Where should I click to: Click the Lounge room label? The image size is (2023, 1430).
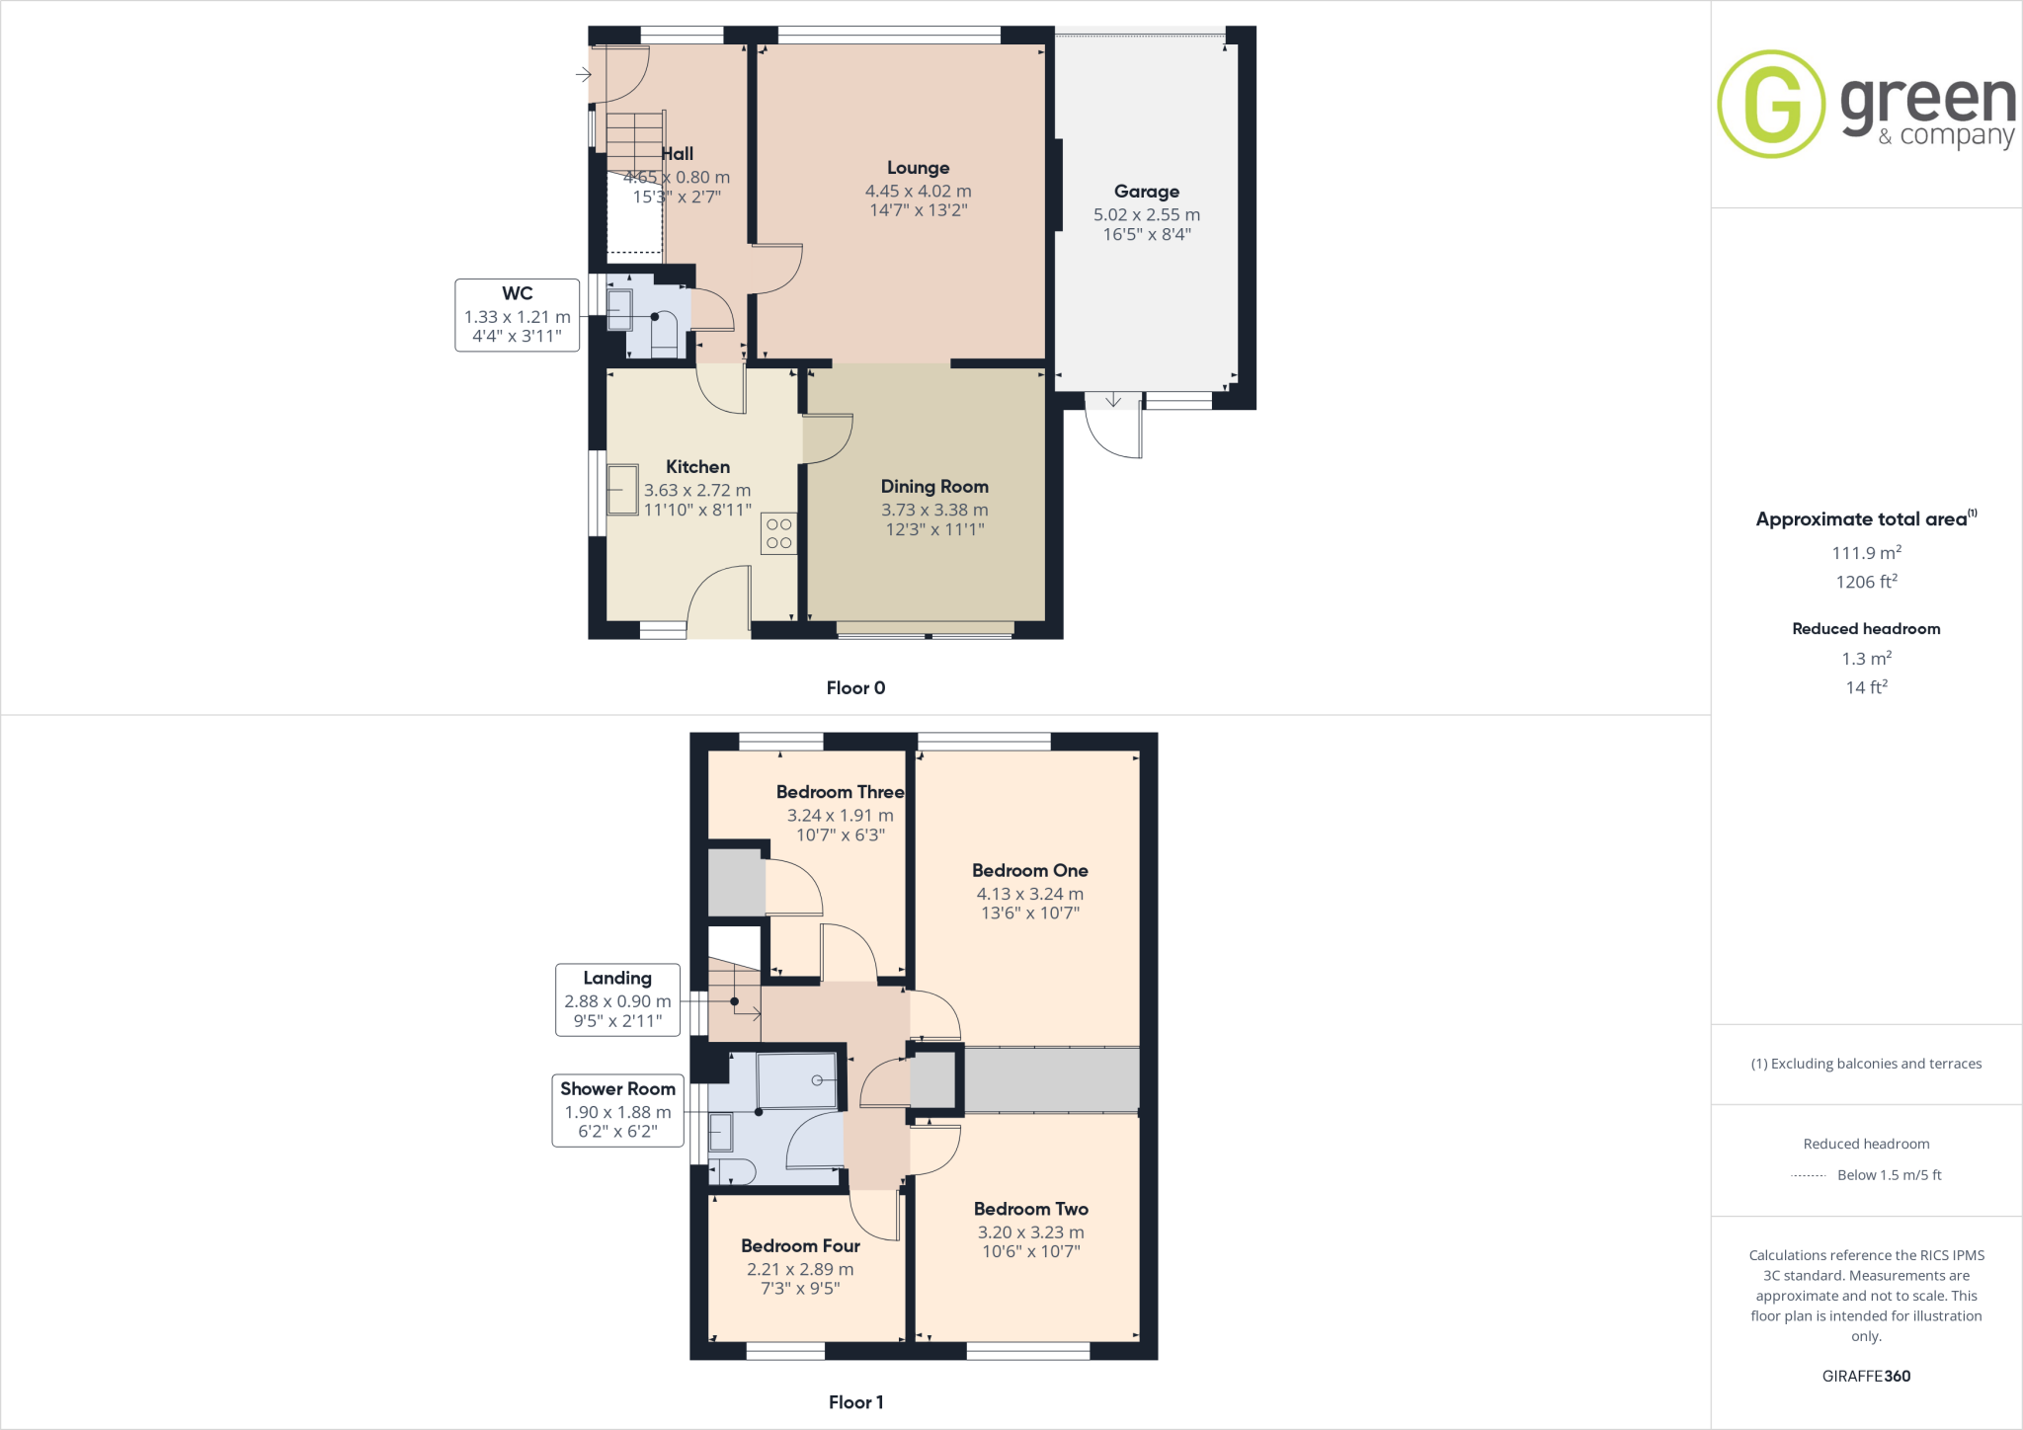click(x=918, y=168)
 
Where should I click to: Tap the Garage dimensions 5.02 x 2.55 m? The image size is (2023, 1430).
click(x=1146, y=214)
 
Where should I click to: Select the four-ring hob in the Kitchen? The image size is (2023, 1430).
click(x=778, y=533)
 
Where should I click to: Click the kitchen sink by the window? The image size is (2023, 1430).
click(x=622, y=490)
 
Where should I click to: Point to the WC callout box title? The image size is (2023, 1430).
click(x=517, y=293)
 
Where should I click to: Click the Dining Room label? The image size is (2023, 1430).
click(x=934, y=486)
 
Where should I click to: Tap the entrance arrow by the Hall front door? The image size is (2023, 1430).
click(x=583, y=74)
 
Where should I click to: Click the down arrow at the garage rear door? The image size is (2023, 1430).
click(x=1113, y=400)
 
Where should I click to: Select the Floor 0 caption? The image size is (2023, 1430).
click(x=855, y=687)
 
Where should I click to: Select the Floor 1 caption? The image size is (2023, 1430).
click(x=855, y=1401)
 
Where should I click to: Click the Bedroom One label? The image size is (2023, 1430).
click(x=1029, y=870)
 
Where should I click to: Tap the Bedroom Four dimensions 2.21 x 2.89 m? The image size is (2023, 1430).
click(x=800, y=1269)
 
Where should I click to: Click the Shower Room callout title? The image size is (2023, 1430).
click(x=617, y=1088)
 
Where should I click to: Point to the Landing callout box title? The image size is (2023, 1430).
click(x=617, y=978)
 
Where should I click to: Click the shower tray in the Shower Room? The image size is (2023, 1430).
click(x=796, y=1080)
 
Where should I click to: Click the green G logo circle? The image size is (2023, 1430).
click(x=1771, y=104)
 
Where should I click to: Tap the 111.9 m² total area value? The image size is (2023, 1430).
click(x=1866, y=552)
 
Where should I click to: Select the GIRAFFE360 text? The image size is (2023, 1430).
click(x=1866, y=1376)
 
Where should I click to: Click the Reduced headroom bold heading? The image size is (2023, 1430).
click(x=1866, y=628)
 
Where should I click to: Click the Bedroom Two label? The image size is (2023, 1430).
click(x=1030, y=1209)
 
